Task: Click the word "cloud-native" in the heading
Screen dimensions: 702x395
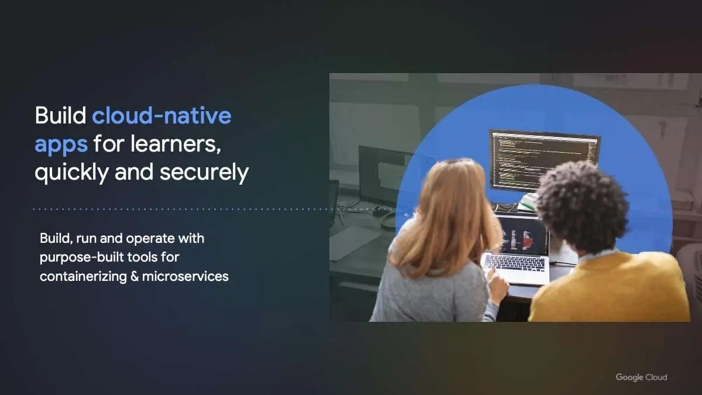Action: click(161, 115)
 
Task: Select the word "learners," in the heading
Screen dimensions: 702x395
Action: click(175, 144)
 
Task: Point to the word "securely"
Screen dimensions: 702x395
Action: click(204, 173)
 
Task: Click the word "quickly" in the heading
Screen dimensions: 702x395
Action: click(72, 173)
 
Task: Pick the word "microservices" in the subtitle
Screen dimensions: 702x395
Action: click(185, 276)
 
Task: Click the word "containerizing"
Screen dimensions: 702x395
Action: click(83, 277)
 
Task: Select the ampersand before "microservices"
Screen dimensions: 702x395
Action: click(135, 276)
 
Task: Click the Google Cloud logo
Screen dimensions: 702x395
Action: click(641, 377)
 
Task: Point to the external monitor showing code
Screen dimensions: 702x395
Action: click(545, 160)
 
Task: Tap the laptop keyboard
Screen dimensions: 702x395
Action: click(515, 263)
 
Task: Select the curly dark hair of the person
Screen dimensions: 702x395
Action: click(582, 205)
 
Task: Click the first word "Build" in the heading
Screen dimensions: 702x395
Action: click(60, 115)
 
